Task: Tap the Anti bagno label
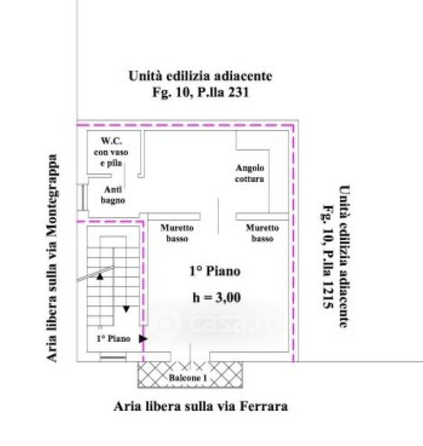tap(113, 195)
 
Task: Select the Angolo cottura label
tap(249, 173)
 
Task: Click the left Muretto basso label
tap(177, 233)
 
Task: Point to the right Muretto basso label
tap(262, 233)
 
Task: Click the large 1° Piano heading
tap(215, 271)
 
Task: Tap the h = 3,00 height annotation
tap(217, 298)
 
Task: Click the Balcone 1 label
tap(188, 378)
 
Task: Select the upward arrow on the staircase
tap(100, 277)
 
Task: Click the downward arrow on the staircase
tap(127, 309)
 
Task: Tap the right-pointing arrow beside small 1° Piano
tap(143, 339)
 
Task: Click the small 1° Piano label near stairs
tap(113, 338)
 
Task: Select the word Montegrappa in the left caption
tap(52, 195)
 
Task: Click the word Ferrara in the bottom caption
tap(264, 406)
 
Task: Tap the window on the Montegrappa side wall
tap(83, 198)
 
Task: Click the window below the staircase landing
tap(113, 357)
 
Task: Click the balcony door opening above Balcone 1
tap(191, 357)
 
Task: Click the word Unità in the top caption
tap(145, 76)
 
